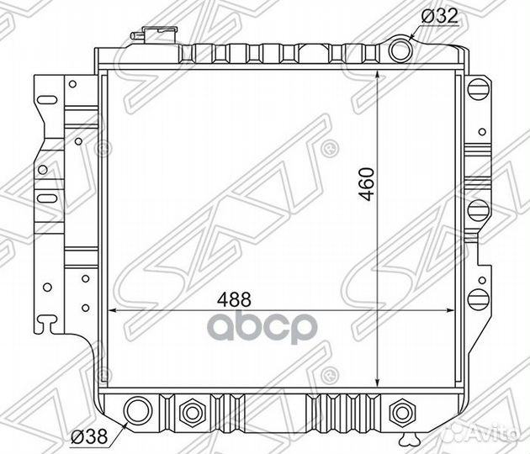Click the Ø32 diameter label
point(440,16)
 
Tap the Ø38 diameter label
point(89,436)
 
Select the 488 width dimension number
point(234,299)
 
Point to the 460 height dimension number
point(367,184)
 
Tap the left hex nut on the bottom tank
point(192,412)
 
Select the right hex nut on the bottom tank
point(403,412)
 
